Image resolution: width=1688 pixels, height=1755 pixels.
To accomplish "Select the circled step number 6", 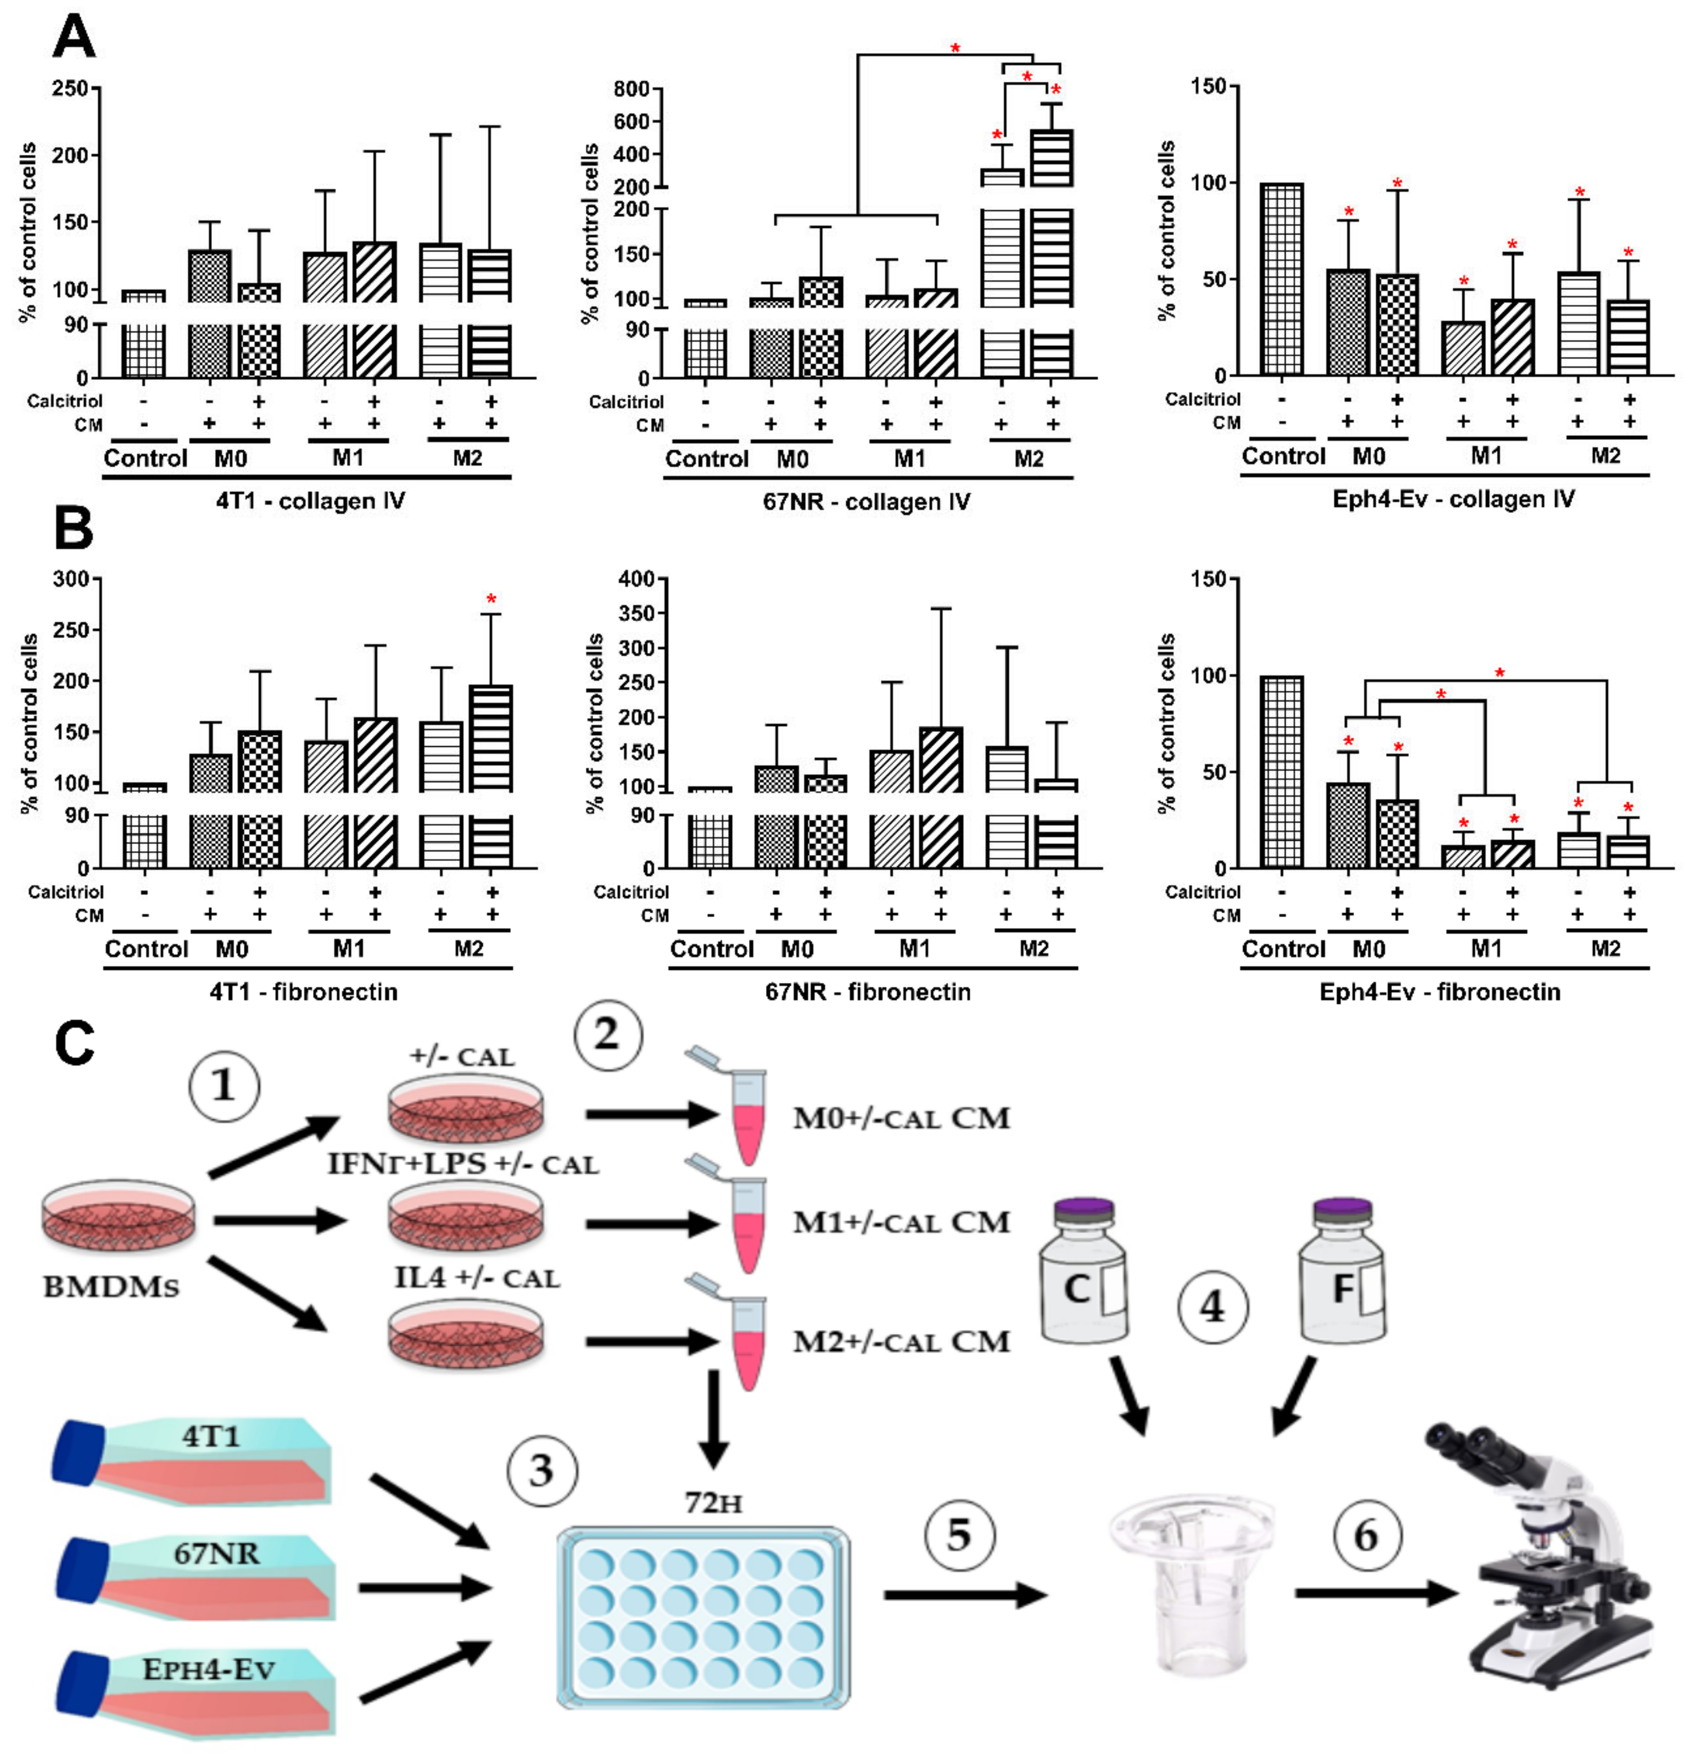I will pyautogui.click(x=1367, y=1535).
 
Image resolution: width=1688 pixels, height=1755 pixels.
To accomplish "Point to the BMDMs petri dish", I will pyautogui.click(x=118, y=1216).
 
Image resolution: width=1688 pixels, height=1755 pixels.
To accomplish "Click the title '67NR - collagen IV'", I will pyautogui.click(x=866, y=501).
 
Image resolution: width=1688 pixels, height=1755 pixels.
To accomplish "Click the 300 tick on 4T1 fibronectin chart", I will pyautogui.click(x=71, y=579).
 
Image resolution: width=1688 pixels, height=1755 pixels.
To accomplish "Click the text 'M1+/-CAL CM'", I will pyautogui.click(x=901, y=1222).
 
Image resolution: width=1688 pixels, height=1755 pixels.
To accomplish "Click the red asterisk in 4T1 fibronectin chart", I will pyautogui.click(x=491, y=599).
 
